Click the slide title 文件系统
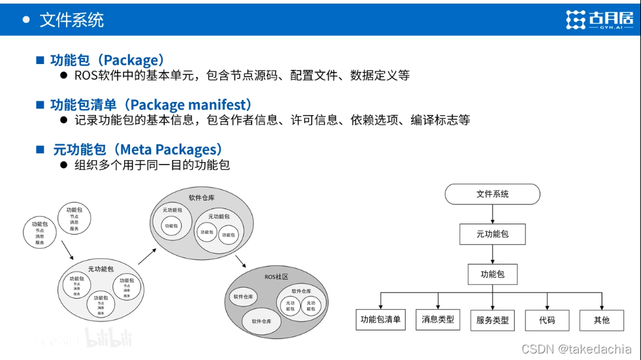71,20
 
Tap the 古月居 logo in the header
599,20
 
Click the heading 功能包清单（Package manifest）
151,105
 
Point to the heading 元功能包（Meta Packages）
138,150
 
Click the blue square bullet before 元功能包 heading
41,150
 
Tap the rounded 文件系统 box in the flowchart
492,194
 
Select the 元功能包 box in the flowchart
492,234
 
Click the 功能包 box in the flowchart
492,274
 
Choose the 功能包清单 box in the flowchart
381,319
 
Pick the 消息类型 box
437,319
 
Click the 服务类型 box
492,320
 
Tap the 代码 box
547,320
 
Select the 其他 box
601,320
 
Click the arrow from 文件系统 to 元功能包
492,214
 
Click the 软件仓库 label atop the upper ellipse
201,197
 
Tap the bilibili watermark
108,338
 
